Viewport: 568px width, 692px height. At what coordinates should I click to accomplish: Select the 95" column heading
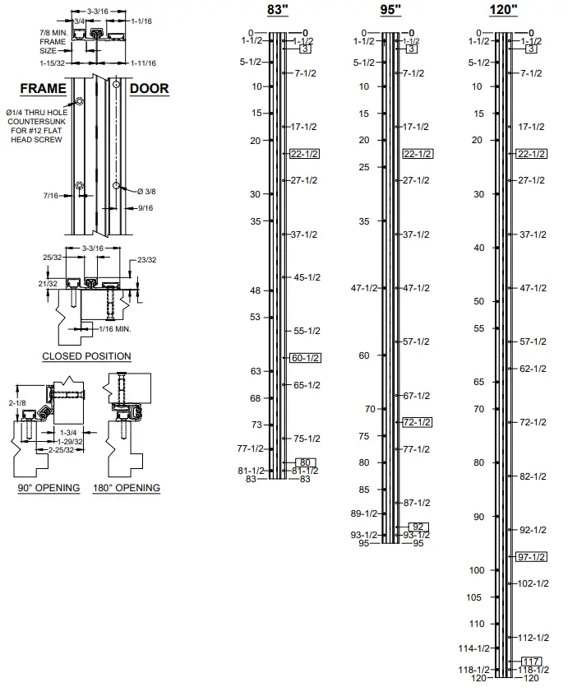pyautogui.click(x=391, y=10)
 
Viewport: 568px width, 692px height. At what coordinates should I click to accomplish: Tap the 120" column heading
pyautogui.click(x=503, y=10)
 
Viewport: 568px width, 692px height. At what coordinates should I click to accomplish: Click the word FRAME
pyautogui.click(x=42, y=89)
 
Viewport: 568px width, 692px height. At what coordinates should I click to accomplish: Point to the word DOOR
pyautogui.click(x=150, y=89)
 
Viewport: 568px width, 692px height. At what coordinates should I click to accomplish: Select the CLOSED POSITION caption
pyautogui.click(x=86, y=356)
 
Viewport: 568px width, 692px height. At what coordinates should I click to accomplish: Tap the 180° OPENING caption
pyautogui.click(x=127, y=488)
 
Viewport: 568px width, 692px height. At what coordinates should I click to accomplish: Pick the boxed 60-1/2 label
pyautogui.click(x=306, y=357)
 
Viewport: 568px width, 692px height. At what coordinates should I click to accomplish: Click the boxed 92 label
pyautogui.click(x=418, y=527)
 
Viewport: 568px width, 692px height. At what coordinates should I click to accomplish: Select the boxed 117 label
pyautogui.click(x=531, y=661)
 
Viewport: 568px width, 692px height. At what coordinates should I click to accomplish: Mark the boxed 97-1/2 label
pyautogui.click(x=532, y=557)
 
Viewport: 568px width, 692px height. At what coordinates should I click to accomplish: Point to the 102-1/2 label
pyautogui.click(x=532, y=583)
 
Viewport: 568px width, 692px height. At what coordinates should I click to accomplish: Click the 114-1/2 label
pyautogui.click(x=473, y=648)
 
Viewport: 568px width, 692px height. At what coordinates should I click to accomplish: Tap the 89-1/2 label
pyautogui.click(x=364, y=513)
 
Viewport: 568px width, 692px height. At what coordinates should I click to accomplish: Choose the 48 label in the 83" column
pyautogui.click(x=255, y=290)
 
